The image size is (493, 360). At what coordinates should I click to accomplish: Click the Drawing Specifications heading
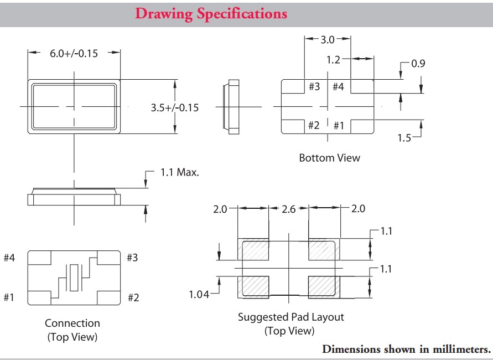[x=211, y=13]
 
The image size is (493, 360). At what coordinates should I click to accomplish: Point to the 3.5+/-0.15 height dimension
[x=174, y=107]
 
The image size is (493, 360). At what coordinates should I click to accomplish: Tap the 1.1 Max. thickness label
[x=180, y=172]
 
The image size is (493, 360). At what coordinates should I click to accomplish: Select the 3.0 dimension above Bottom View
[x=328, y=39]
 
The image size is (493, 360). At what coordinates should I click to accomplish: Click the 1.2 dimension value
[x=333, y=59]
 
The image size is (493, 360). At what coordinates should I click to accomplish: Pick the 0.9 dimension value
[x=418, y=64]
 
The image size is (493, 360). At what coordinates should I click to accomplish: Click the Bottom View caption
[x=329, y=158]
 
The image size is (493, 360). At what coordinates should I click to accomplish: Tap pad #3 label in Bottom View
[x=314, y=87]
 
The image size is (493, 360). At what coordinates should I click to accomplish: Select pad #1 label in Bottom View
[x=339, y=126]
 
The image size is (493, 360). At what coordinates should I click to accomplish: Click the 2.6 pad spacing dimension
[x=289, y=209]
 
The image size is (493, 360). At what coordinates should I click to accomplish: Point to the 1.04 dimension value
[x=199, y=295]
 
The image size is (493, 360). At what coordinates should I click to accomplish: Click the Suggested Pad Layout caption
[x=290, y=317]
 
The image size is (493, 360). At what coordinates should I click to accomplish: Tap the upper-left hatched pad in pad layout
[x=253, y=250]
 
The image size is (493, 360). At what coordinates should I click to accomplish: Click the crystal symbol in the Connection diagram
[x=74, y=277]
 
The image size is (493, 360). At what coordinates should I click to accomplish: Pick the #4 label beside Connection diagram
[x=9, y=258]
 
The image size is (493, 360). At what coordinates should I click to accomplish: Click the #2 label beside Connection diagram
[x=133, y=298]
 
